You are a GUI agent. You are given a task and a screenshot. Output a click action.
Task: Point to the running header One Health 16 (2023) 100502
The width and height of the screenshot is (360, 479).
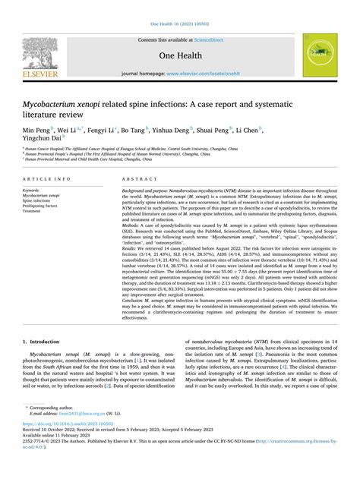click(x=179, y=24)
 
